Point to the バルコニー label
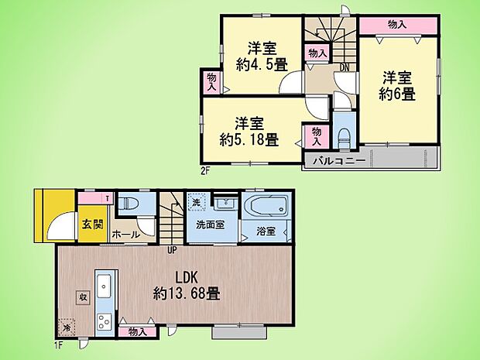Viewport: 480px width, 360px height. (x=340, y=162)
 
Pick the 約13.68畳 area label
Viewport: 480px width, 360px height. (x=186, y=294)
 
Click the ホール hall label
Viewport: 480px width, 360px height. (x=125, y=233)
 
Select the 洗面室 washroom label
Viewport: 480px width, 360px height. (x=209, y=229)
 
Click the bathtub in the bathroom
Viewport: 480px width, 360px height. (x=266, y=207)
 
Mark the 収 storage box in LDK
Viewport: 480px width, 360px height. (x=82, y=297)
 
